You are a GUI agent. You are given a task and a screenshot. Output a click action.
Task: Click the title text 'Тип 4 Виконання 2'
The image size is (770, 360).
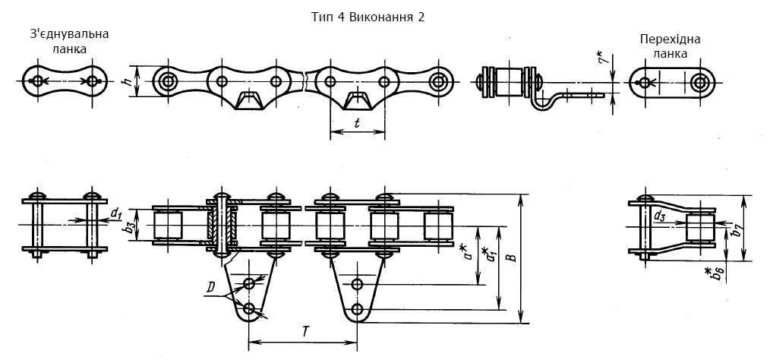pos(368,17)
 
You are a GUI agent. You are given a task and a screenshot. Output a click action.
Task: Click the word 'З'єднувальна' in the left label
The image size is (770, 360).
pos(68,34)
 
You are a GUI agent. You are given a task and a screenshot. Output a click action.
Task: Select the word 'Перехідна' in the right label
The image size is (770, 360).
pos(670,39)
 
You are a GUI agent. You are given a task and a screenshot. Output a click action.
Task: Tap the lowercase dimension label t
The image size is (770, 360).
pos(356,123)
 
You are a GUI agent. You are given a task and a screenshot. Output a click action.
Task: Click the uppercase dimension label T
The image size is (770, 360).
pos(305,332)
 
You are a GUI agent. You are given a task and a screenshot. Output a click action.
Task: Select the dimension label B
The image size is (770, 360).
pos(513,257)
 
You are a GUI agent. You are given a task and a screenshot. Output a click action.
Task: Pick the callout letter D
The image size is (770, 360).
pos(210,289)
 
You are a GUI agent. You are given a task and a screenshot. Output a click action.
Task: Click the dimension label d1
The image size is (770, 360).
pos(116,213)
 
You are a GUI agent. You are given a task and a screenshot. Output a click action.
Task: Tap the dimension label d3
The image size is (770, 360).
pos(659,215)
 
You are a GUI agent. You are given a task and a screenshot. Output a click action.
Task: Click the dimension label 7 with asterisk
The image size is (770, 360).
pos(607,55)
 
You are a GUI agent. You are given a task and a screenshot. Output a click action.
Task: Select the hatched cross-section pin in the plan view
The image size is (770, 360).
pos(222,225)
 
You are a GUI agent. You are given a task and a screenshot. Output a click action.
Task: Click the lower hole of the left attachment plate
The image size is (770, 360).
pos(250,308)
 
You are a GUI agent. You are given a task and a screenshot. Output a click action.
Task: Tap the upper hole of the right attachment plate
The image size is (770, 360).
pos(358,283)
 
